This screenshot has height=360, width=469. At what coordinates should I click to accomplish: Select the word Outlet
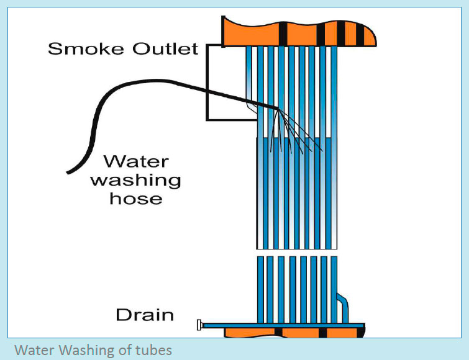[163, 49]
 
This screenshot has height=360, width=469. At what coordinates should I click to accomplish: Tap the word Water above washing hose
[135, 162]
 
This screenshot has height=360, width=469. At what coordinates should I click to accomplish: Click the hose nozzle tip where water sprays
[276, 109]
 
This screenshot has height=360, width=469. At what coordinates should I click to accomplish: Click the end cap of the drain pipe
[199, 324]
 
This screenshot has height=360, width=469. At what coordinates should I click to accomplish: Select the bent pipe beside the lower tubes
[344, 304]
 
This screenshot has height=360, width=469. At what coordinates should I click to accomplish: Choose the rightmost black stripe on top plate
[360, 34]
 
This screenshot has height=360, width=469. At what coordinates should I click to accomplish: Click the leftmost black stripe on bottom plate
[276, 333]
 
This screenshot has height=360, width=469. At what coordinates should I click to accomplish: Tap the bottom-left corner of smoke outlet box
[207, 119]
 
